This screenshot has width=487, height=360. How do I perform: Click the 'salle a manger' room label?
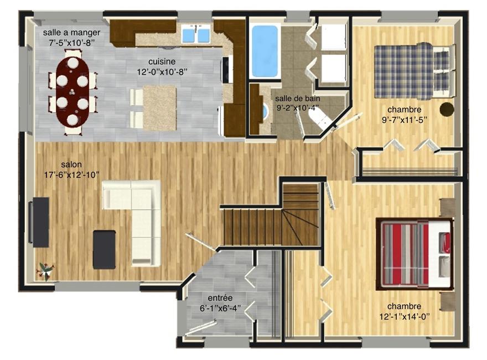72,33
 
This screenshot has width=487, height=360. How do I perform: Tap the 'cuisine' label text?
162,61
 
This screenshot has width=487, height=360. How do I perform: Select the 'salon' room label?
71,164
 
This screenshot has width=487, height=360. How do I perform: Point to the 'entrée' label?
220,298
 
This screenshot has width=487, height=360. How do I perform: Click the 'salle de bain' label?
298,99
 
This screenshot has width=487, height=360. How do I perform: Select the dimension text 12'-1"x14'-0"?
405,316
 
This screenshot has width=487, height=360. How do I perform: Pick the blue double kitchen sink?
195,34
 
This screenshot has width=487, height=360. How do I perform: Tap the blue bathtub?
265,51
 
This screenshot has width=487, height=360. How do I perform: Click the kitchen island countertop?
159,108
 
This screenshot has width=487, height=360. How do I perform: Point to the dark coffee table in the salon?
105,249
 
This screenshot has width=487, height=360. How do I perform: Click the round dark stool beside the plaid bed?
447,110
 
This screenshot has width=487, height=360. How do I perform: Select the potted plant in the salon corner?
45,271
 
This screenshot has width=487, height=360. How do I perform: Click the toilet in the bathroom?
319,119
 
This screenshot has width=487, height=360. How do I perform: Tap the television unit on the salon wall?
39,222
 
